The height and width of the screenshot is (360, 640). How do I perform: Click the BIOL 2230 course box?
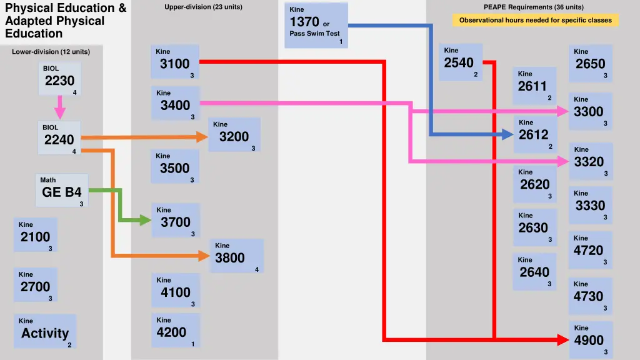point(59,78)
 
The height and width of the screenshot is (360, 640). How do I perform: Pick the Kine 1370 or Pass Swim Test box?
point(316,25)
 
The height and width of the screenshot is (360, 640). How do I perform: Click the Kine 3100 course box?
point(175,61)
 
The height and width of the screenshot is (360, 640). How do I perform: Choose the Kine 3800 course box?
point(235,256)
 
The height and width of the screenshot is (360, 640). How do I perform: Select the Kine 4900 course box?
point(589,338)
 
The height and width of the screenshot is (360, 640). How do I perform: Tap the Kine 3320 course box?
point(589,160)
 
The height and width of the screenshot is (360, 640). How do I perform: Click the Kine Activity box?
point(44,331)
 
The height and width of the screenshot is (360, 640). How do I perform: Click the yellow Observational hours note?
point(535,20)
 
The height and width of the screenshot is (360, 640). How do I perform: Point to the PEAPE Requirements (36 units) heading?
point(533,7)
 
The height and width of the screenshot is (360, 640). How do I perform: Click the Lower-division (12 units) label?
point(51,51)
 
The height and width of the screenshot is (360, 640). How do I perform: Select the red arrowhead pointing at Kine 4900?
point(562,339)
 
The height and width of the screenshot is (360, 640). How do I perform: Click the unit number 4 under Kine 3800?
point(257,269)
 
